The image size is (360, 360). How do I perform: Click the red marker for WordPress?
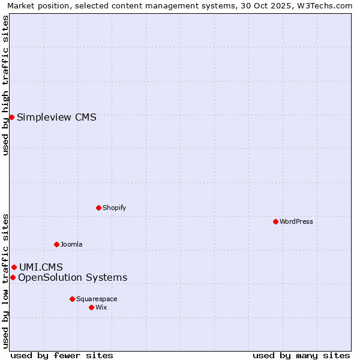tap(275, 221)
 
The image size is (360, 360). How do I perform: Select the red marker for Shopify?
tap(98, 208)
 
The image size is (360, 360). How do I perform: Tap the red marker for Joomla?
tap(56, 244)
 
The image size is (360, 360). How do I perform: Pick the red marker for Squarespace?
tap(72, 299)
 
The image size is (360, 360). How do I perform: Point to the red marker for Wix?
tap(91, 307)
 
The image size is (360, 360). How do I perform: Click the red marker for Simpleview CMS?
tap(11, 117)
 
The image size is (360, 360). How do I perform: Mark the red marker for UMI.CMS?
tap(14, 267)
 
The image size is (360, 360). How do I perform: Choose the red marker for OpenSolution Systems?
tap(13, 277)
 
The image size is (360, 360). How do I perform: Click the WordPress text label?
tap(296, 221)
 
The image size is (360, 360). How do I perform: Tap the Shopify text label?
tap(114, 208)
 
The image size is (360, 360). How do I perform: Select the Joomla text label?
tap(71, 244)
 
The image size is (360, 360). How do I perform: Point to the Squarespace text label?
tap(97, 299)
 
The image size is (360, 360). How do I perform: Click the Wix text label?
tap(101, 307)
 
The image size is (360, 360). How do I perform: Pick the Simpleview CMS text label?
tap(56, 117)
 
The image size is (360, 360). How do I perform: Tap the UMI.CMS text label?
tap(41, 267)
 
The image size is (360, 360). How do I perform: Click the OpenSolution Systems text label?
tap(73, 277)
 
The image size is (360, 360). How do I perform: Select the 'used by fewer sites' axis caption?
tap(62, 355)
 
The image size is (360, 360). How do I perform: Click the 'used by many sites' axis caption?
tap(301, 355)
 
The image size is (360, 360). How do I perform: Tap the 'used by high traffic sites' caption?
tap(6, 85)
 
